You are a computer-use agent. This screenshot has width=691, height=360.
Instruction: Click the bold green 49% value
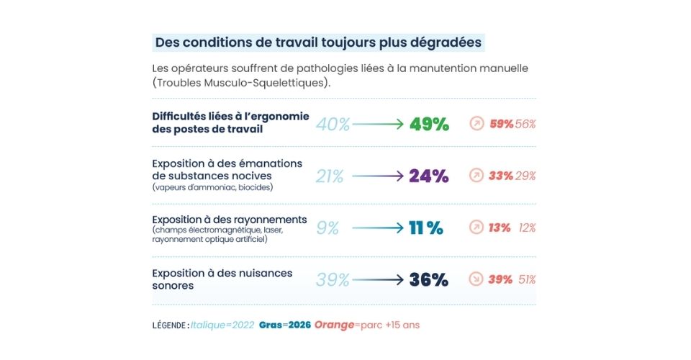click(x=429, y=125)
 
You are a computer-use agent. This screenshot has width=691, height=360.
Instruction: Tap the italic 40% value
click(x=333, y=125)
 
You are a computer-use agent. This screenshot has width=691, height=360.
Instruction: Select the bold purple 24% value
click(x=429, y=176)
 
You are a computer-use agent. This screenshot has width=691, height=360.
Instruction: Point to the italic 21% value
click(x=330, y=176)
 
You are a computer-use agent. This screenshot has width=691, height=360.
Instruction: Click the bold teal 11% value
click(x=426, y=228)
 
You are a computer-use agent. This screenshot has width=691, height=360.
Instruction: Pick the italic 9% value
click(x=328, y=228)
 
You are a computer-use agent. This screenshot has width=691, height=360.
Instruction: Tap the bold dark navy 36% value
click(x=429, y=280)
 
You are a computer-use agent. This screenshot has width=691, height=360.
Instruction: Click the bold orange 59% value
click(x=502, y=125)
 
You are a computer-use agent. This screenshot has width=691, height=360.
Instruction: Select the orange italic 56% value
click(x=525, y=125)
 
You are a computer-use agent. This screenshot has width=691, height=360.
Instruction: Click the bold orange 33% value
click(x=501, y=176)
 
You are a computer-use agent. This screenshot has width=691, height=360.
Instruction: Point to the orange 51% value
click(x=527, y=280)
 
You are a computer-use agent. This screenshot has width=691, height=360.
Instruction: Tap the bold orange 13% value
click(x=500, y=228)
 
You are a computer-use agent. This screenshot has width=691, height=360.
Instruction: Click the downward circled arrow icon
click(x=476, y=279)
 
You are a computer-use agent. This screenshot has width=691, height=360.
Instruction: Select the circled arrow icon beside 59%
click(x=477, y=124)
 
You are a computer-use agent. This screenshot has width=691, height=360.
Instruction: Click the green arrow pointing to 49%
click(x=378, y=125)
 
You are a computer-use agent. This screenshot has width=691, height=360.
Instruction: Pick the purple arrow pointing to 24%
click(x=378, y=176)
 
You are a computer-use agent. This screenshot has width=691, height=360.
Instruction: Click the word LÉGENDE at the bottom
click(x=169, y=325)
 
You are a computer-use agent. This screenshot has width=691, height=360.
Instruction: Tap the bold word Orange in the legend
click(x=334, y=325)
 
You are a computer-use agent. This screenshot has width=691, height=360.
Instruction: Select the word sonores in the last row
click(x=173, y=286)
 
